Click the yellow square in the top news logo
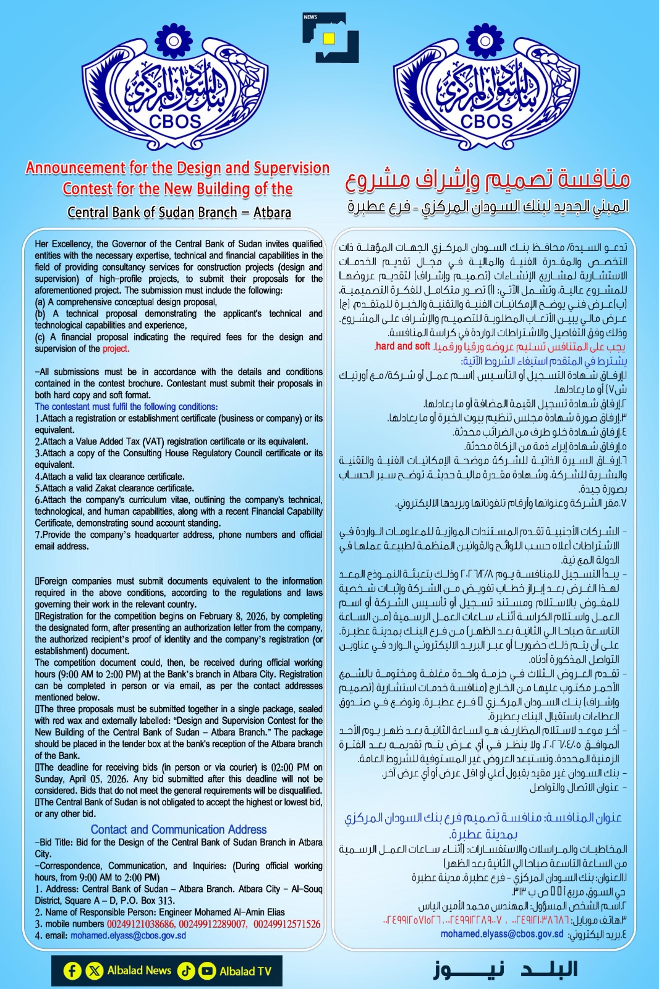(x=329, y=38)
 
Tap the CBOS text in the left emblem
(x=175, y=121)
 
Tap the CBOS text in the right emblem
(x=487, y=121)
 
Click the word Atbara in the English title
(x=272, y=212)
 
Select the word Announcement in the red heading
(x=75, y=168)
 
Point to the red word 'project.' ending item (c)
(x=116, y=349)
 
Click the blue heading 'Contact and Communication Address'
(x=179, y=830)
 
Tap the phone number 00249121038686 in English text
(x=141, y=924)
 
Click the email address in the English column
(x=128, y=936)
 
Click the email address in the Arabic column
(x=501, y=934)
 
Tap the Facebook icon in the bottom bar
(x=72, y=971)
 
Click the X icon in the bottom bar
(x=94, y=971)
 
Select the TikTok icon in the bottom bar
(x=186, y=971)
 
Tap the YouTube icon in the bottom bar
(x=206, y=971)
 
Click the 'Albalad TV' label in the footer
(x=245, y=971)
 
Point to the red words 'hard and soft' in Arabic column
(x=402, y=346)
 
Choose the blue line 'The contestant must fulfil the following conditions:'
(x=126, y=407)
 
